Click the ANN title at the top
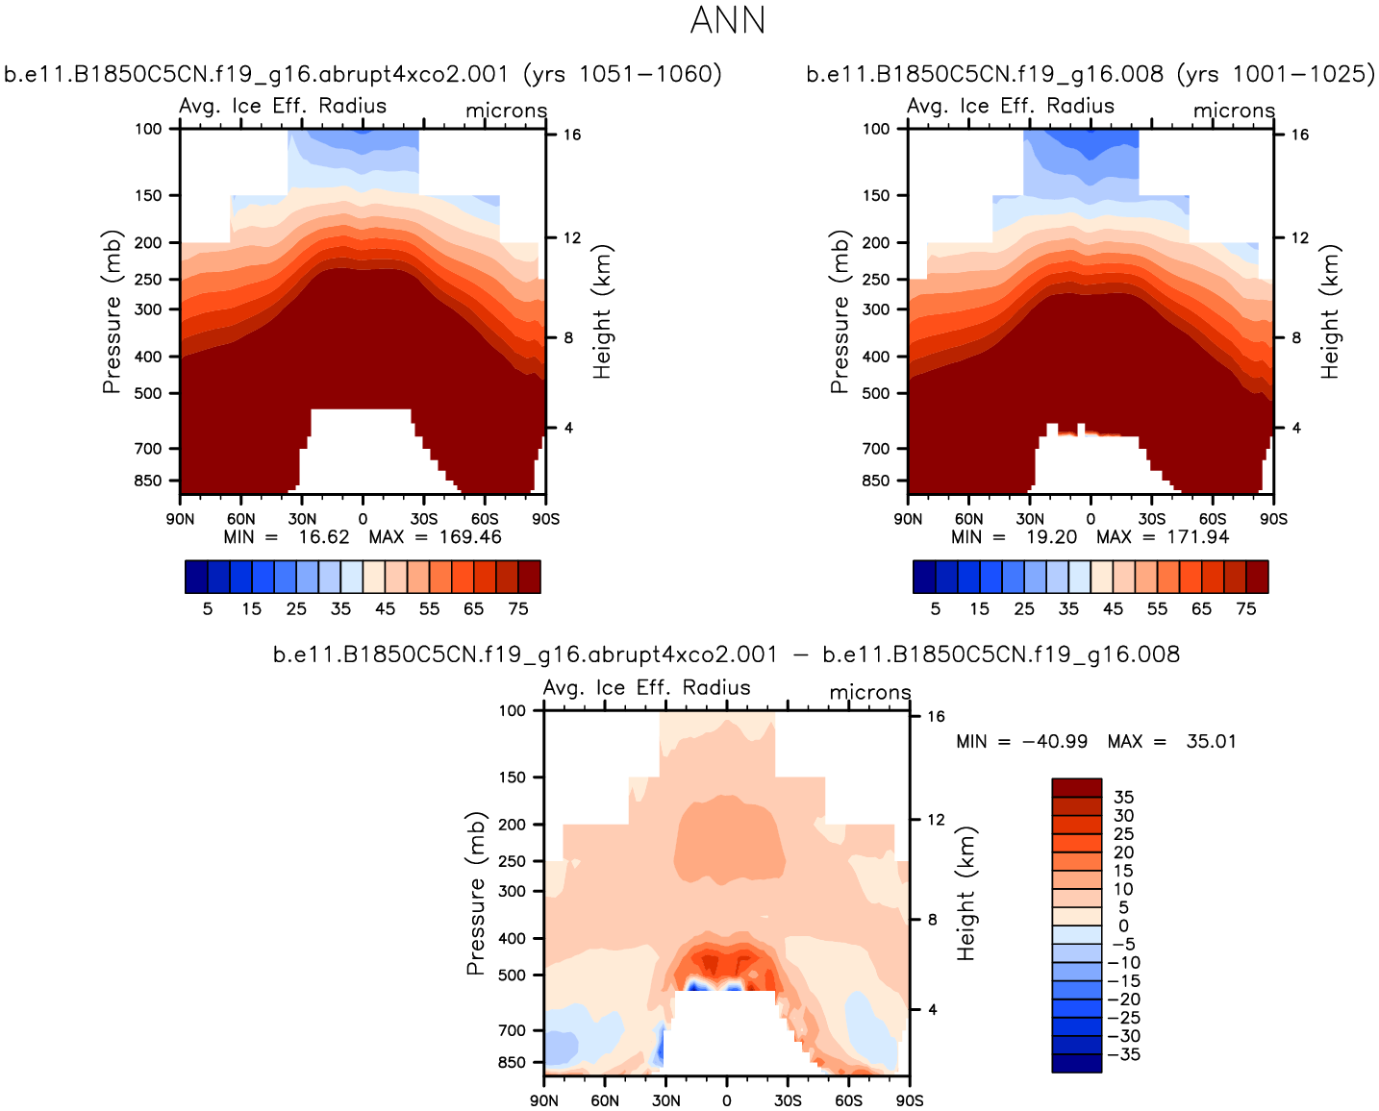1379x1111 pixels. click(x=727, y=20)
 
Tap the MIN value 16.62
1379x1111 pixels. click(x=323, y=536)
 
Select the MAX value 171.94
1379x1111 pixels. click(x=1197, y=536)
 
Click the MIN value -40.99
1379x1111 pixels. click(x=1055, y=741)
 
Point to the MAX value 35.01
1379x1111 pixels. click(x=1211, y=741)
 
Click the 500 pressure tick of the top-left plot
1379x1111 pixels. click(x=149, y=393)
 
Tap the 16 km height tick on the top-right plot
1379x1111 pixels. click(x=1299, y=135)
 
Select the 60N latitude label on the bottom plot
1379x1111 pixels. click(x=605, y=1100)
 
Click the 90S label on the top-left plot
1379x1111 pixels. click(x=545, y=519)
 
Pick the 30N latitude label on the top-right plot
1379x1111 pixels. click(x=1030, y=519)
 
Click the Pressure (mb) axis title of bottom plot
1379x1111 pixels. click(x=476, y=893)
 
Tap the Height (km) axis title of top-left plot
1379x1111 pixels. click(x=603, y=311)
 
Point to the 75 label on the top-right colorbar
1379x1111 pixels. click(x=1245, y=608)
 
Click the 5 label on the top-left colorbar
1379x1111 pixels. click(x=208, y=608)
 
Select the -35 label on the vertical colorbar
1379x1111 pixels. click(x=1123, y=1054)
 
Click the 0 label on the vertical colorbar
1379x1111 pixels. click(x=1123, y=926)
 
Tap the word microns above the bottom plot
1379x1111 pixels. click(x=869, y=692)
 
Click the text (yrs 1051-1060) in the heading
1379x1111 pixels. click(x=622, y=74)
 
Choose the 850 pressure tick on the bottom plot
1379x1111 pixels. click(x=513, y=1062)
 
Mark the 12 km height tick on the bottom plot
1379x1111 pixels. click(x=936, y=820)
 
